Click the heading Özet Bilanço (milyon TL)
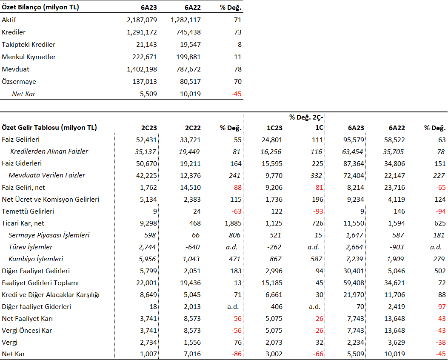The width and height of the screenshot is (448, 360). click(40, 7)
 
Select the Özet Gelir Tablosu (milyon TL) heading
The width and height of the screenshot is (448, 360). click(49, 127)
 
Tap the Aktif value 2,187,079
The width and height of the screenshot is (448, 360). click(142, 20)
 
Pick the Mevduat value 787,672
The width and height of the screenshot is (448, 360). click(188, 69)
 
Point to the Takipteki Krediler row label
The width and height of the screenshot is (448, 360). click(29, 45)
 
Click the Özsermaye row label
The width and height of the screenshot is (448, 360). click(19, 82)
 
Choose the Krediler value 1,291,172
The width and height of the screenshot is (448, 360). click(142, 32)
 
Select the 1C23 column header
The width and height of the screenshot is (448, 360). click(274, 128)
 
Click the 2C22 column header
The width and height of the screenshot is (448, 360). click(193, 128)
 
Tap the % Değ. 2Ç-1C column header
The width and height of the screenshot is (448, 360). click(306, 122)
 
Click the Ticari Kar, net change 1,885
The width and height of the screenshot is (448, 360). click(233, 223)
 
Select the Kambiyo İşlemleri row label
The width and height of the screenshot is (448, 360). click(36, 259)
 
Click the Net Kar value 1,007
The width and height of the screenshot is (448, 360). click(148, 354)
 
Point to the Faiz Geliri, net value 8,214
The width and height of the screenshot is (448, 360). click(356, 188)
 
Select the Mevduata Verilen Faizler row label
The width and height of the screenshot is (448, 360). click(47, 175)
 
